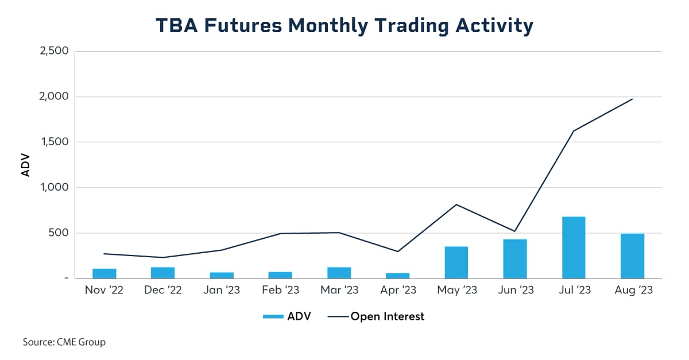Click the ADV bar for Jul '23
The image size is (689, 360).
click(574, 247)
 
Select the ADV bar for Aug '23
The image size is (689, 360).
click(632, 256)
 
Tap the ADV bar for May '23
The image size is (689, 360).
click(456, 262)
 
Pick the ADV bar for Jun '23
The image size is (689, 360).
click(515, 259)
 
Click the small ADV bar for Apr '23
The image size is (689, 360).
click(397, 276)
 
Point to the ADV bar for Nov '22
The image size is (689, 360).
click(104, 273)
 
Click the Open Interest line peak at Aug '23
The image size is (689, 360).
click(632, 99)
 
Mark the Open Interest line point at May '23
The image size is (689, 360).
click(456, 204)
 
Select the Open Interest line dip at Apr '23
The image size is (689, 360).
click(397, 251)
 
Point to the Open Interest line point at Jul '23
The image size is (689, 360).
click(574, 131)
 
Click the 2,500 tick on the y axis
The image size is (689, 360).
click(54, 51)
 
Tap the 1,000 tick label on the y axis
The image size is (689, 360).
click(54, 188)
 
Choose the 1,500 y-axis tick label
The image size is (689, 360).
click(54, 142)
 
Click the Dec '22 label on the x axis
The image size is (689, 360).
click(163, 291)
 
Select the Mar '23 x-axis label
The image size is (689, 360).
click(339, 291)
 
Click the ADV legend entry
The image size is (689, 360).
click(287, 316)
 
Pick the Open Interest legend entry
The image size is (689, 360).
click(376, 316)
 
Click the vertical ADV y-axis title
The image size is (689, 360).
click(25, 165)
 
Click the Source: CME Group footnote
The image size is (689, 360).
click(64, 342)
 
